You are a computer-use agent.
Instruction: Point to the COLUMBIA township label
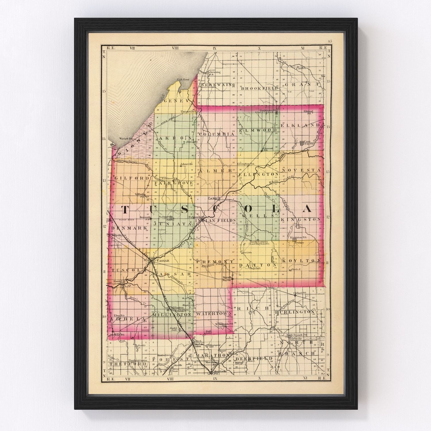(x=215, y=134)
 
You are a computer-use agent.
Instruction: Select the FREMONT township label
(x=214, y=262)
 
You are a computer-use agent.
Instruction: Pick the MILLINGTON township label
(x=172, y=315)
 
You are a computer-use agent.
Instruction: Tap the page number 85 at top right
(x=330, y=41)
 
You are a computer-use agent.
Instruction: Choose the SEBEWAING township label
(x=218, y=85)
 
